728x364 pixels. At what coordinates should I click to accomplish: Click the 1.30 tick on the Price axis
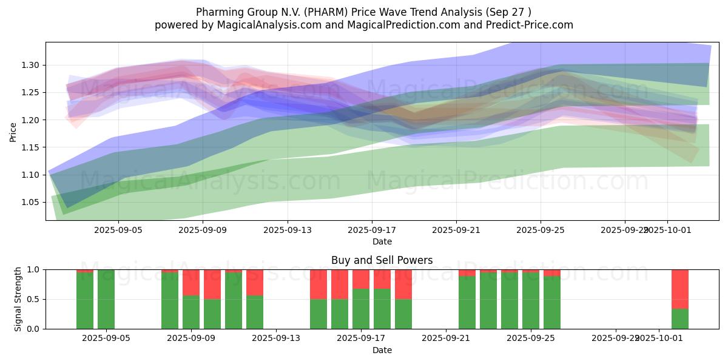click(x=30, y=65)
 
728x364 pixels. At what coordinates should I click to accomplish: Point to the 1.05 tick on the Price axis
click(x=30, y=202)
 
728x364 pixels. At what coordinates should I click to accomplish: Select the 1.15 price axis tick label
click(x=30, y=147)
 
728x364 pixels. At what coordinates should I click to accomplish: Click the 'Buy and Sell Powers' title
click(x=382, y=260)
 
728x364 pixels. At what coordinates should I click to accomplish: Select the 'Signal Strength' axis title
click(x=18, y=299)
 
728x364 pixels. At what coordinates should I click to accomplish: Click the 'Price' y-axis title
click(x=13, y=131)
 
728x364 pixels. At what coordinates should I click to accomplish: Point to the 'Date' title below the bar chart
click(x=382, y=350)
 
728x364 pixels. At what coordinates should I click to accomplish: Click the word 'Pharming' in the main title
click(x=217, y=12)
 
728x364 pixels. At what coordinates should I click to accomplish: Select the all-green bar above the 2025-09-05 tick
click(x=106, y=299)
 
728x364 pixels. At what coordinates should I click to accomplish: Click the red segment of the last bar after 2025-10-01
click(x=679, y=289)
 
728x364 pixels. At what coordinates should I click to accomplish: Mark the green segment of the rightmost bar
click(x=679, y=318)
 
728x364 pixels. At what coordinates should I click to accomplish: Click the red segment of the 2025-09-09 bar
click(x=191, y=282)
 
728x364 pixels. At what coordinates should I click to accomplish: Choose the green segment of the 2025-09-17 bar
click(x=361, y=309)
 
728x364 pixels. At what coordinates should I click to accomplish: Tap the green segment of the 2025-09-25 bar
click(x=531, y=300)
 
